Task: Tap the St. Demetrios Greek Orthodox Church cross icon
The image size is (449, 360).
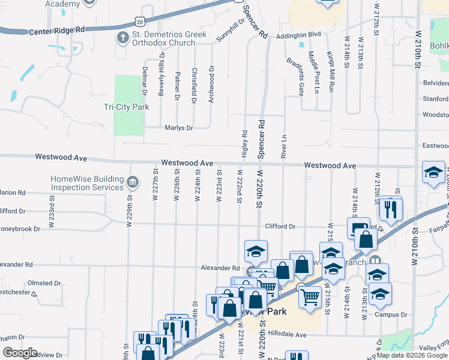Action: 122,38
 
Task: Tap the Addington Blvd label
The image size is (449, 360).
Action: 299,35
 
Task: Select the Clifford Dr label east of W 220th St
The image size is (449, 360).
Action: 280,227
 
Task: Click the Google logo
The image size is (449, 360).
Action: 20,353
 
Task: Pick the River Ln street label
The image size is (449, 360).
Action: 283,146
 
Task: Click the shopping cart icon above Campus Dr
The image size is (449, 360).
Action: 310,296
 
